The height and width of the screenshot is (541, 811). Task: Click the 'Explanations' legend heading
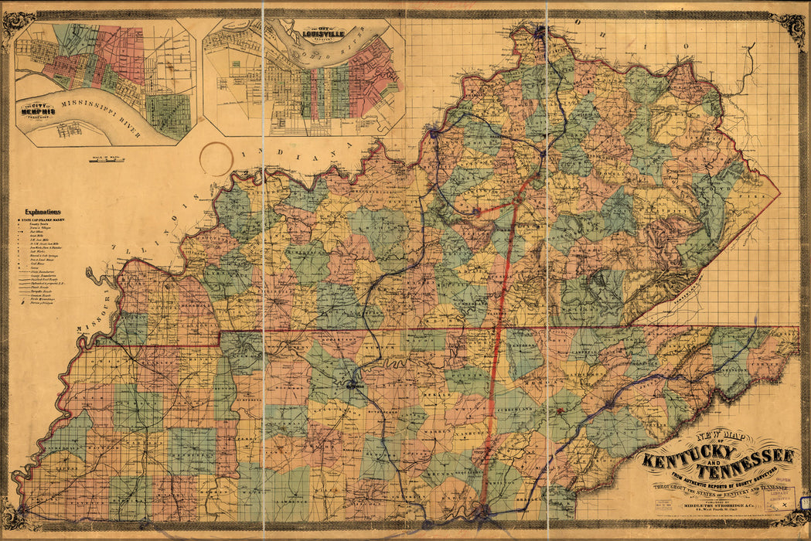click(x=43, y=212)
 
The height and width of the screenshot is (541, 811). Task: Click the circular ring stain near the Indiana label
click(x=216, y=158)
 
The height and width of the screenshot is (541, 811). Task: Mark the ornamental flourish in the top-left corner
click(x=16, y=23)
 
